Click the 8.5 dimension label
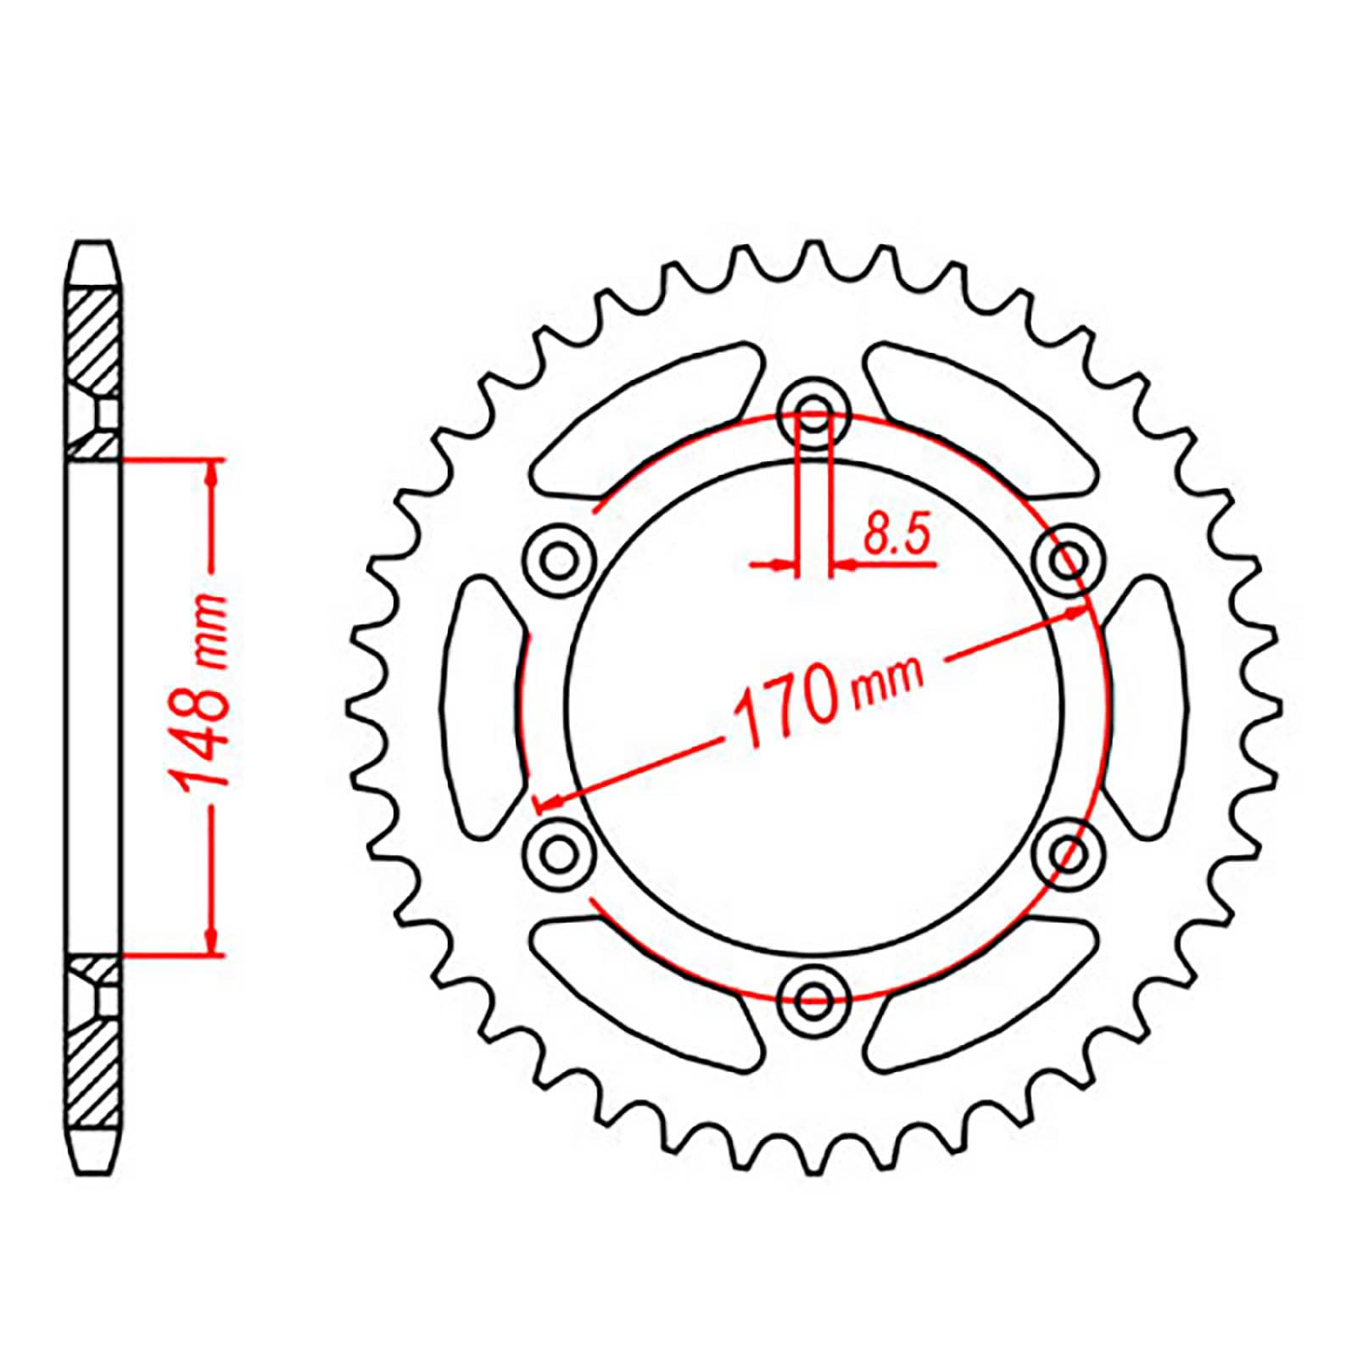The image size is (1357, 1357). pyautogui.click(x=897, y=535)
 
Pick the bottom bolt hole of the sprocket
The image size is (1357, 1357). pyautogui.click(x=814, y=997)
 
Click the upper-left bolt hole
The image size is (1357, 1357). pyautogui.click(x=558, y=561)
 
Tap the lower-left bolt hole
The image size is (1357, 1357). pyautogui.click(x=558, y=852)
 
